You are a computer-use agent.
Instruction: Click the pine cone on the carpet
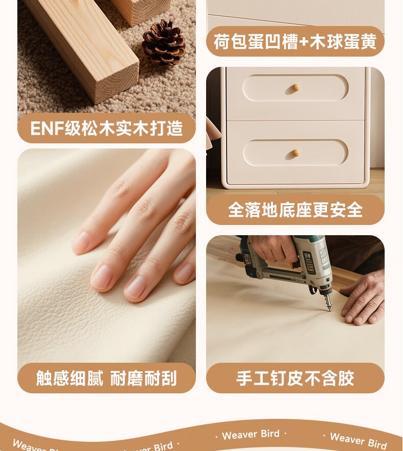click(x=163, y=42)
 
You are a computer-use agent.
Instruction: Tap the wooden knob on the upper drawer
click(x=295, y=87)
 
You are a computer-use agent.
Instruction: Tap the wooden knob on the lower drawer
click(x=295, y=153)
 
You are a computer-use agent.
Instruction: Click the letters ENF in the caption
click(x=47, y=128)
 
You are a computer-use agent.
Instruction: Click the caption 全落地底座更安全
click(x=295, y=210)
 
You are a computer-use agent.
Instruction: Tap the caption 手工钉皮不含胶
click(x=295, y=378)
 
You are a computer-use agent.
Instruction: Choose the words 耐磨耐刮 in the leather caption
click(x=143, y=378)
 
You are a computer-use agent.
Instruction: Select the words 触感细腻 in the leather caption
click(x=69, y=378)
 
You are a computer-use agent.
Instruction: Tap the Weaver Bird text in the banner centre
click(x=251, y=434)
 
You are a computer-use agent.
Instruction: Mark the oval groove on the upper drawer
click(x=295, y=87)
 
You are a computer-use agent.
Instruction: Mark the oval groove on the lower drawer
click(x=295, y=153)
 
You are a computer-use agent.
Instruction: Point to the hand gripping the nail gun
click(x=272, y=247)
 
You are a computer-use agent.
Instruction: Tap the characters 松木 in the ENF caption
click(x=98, y=128)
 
